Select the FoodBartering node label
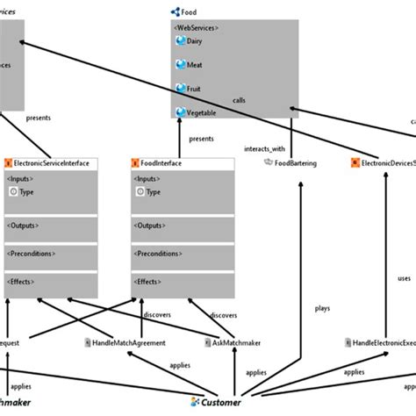(x=296, y=163)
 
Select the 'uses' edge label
(x=404, y=278)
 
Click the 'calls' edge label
(x=240, y=99)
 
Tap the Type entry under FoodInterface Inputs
(x=154, y=192)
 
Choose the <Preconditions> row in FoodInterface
(x=159, y=254)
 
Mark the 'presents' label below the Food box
(x=201, y=139)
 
